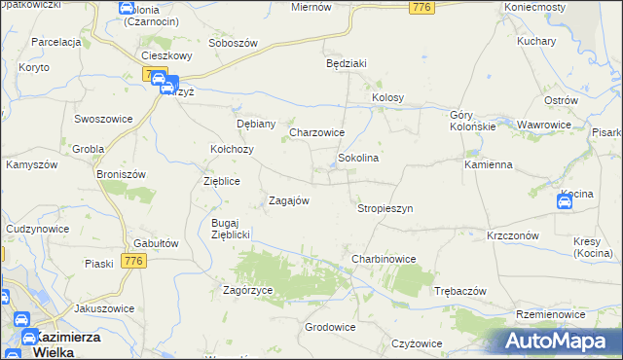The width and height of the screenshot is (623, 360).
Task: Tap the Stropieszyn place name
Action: point(385,208)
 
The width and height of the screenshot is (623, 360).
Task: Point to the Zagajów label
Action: point(288,200)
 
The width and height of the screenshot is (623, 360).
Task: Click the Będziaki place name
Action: point(346,63)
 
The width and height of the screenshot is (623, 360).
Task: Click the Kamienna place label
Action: point(488,164)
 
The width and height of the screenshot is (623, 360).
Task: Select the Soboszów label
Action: point(233,44)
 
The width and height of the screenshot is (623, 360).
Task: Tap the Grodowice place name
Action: point(330,327)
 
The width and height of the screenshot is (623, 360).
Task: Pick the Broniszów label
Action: point(121,174)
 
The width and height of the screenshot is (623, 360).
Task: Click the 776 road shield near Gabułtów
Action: point(134,260)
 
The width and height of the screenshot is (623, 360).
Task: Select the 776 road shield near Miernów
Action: point(421,8)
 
